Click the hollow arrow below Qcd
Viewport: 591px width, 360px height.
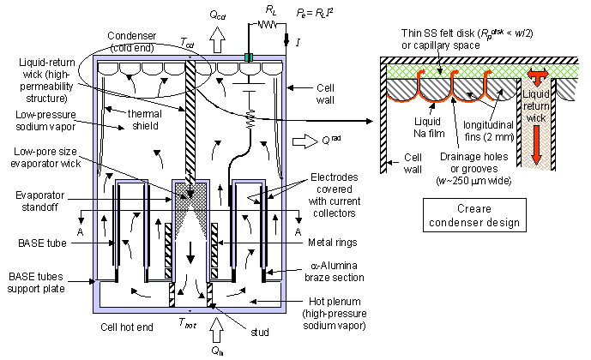click(217, 39)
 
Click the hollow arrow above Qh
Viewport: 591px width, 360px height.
click(216, 330)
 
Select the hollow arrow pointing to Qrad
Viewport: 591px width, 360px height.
click(305, 141)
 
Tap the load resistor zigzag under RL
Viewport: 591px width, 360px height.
click(268, 25)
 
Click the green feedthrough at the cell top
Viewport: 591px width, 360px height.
click(249, 57)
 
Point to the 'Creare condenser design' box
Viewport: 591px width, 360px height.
click(474, 215)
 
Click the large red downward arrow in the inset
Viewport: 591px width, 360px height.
click(536, 146)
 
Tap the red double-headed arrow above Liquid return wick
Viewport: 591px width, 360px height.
click(538, 76)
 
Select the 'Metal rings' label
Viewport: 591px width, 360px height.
click(333, 242)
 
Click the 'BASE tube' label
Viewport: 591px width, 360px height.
click(42, 243)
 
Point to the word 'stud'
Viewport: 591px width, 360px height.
click(260, 332)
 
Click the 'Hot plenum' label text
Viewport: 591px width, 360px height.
click(335, 301)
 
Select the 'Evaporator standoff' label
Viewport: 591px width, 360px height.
click(40, 201)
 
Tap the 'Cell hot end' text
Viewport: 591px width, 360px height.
click(127, 327)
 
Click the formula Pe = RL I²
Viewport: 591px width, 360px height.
click(315, 13)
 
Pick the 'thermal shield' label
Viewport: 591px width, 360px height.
click(145, 120)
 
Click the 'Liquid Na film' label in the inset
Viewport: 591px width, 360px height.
click(429, 127)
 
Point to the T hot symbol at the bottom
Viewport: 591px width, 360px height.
click(187, 323)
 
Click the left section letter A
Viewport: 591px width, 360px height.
click(80, 232)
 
